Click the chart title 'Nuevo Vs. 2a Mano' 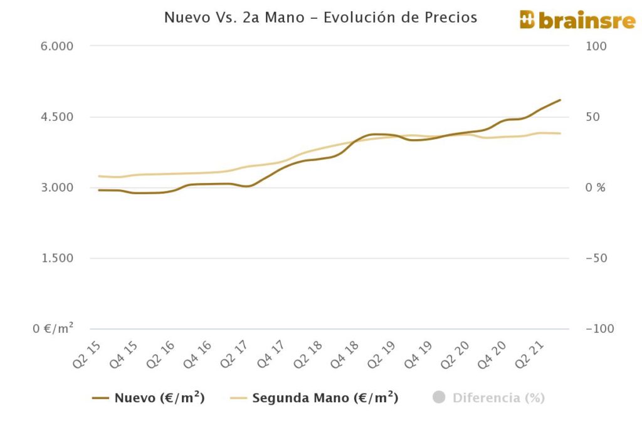[x=320, y=18]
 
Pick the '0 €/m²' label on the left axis [x=53, y=328]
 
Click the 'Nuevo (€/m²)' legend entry [x=149, y=398]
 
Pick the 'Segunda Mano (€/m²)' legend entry [x=314, y=398]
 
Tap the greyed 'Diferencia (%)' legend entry [x=489, y=398]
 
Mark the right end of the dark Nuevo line [x=560, y=100]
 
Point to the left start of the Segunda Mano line [x=99, y=176]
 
